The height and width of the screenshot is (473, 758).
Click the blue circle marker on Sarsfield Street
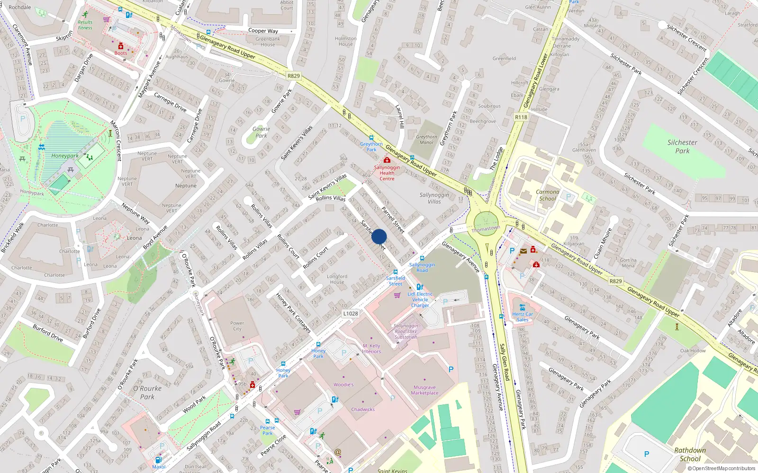(x=379, y=236)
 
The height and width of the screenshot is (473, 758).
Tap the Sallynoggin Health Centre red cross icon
(x=387, y=160)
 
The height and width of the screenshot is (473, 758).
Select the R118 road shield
(x=521, y=117)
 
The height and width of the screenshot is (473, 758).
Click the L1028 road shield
(x=350, y=314)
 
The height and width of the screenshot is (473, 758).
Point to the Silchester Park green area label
(x=682, y=147)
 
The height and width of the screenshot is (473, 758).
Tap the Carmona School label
(x=547, y=195)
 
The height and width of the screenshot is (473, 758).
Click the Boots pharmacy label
(x=121, y=53)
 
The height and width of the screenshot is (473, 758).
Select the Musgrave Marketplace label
(x=424, y=390)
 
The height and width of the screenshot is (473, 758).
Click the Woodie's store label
(x=343, y=385)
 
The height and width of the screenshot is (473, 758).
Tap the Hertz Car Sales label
(x=522, y=317)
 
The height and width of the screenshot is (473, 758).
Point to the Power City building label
(x=237, y=326)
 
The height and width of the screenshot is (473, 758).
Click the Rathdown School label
(x=690, y=455)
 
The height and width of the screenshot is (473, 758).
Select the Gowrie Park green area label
(x=261, y=132)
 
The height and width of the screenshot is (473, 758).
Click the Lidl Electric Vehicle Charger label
(x=420, y=299)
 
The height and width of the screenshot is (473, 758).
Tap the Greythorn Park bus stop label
(x=371, y=147)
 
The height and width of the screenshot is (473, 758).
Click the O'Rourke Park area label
(x=147, y=393)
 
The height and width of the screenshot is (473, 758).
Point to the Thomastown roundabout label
(x=486, y=229)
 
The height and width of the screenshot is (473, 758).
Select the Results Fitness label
(x=85, y=25)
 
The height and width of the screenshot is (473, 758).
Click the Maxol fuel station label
(x=159, y=467)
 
